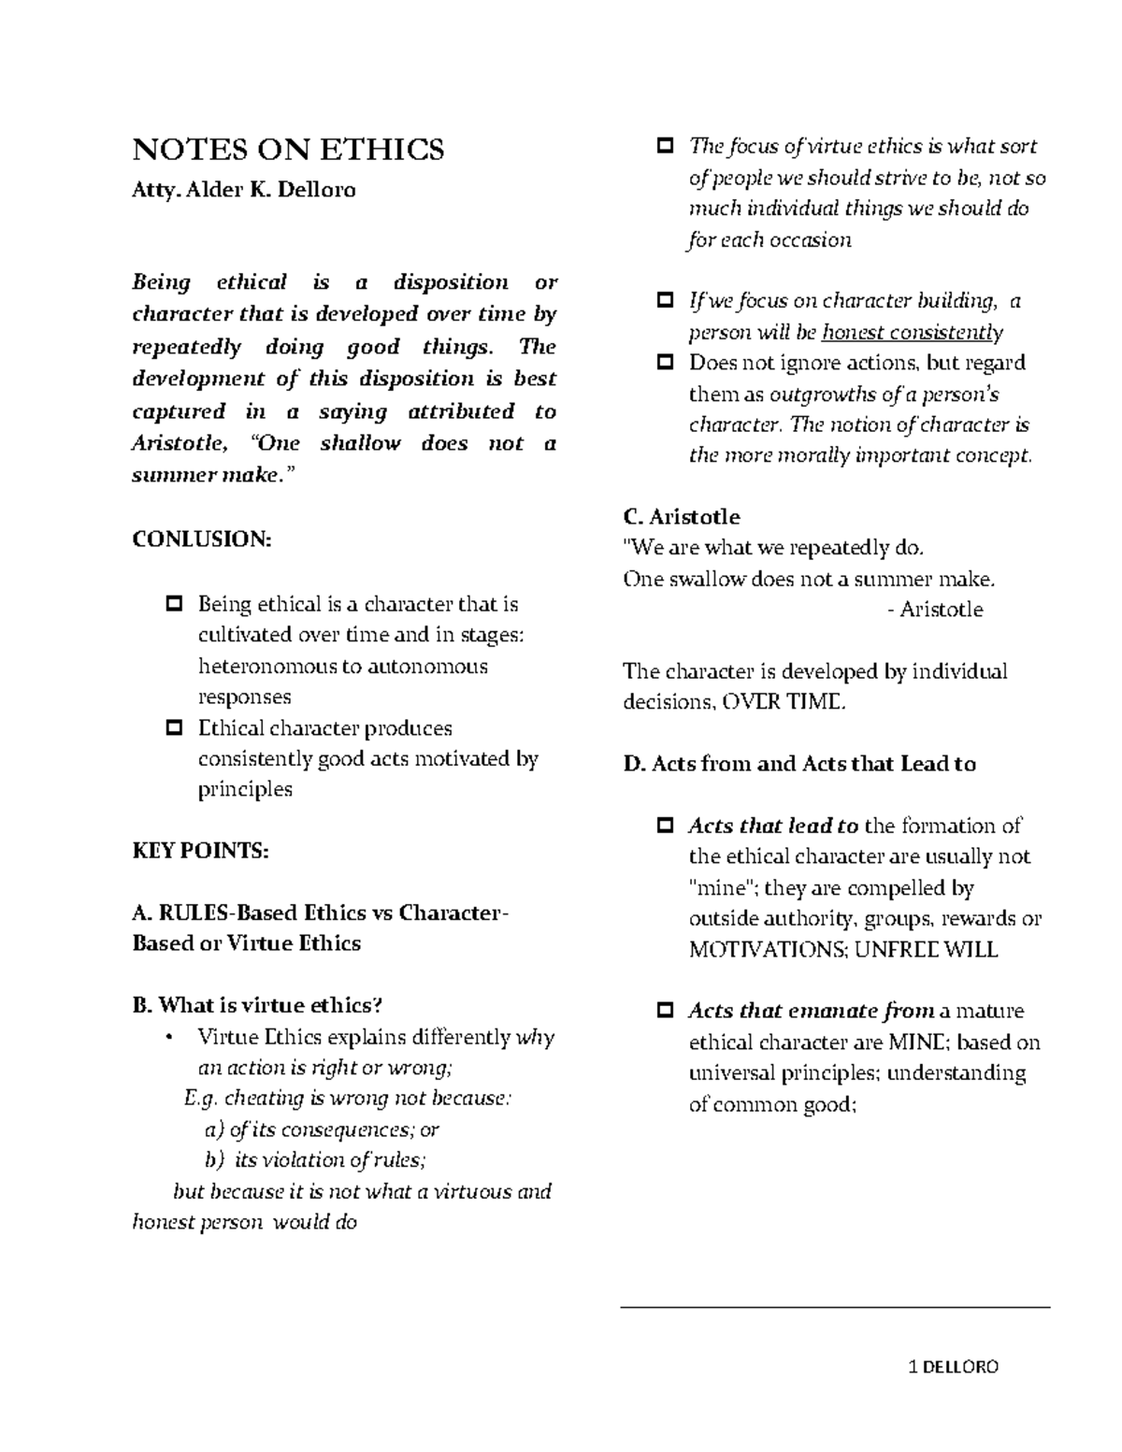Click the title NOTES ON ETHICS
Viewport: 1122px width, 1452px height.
tap(289, 150)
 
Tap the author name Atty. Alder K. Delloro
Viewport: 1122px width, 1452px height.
tap(244, 191)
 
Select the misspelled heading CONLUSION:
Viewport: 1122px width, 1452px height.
tap(202, 539)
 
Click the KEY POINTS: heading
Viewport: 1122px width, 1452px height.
tap(201, 851)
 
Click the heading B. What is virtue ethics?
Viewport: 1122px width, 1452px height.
tap(258, 1006)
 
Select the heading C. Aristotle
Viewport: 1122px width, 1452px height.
tap(682, 517)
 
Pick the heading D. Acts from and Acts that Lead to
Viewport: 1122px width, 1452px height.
tap(799, 764)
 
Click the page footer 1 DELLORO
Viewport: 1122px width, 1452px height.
tap(954, 1367)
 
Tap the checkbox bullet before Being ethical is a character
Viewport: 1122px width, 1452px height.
tap(174, 605)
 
